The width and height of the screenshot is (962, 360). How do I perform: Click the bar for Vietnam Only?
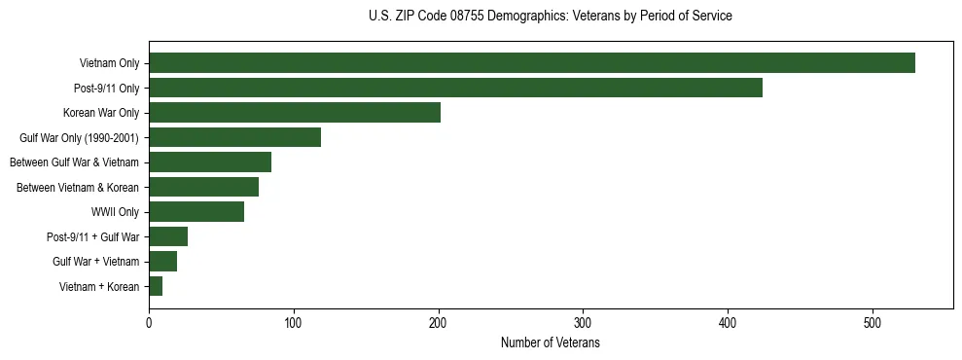click(x=531, y=63)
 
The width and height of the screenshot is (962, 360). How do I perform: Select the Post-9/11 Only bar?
click(x=455, y=88)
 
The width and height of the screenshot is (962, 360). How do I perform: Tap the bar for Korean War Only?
click(x=294, y=113)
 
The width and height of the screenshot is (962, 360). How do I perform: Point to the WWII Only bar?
click(x=196, y=212)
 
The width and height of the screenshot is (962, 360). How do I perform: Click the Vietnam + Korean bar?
click(x=156, y=286)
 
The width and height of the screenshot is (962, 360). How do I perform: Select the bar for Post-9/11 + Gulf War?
click(x=168, y=236)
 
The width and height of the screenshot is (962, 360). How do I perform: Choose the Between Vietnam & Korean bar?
click(x=203, y=187)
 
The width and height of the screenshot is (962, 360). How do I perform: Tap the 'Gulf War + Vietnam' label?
click(x=95, y=262)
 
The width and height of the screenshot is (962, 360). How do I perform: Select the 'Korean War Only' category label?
click(x=101, y=113)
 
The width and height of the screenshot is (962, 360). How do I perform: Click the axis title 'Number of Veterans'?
click(x=550, y=343)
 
